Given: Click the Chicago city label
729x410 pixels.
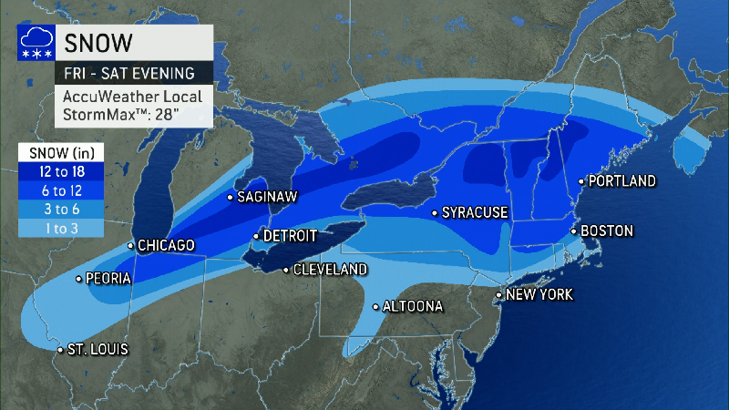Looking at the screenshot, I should pyautogui.click(x=167, y=245).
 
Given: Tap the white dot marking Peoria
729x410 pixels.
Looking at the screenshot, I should pyautogui.click(x=79, y=279).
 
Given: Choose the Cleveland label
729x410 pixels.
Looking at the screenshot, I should pyautogui.click(x=330, y=270).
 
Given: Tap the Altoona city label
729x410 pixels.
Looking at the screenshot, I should pyautogui.click(x=412, y=306).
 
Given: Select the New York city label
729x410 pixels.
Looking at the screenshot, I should pyautogui.click(x=539, y=295).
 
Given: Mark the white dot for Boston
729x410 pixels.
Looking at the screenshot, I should pyautogui.click(x=573, y=231).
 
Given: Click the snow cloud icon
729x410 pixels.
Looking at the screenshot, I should pyautogui.click(x=35, y=44).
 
